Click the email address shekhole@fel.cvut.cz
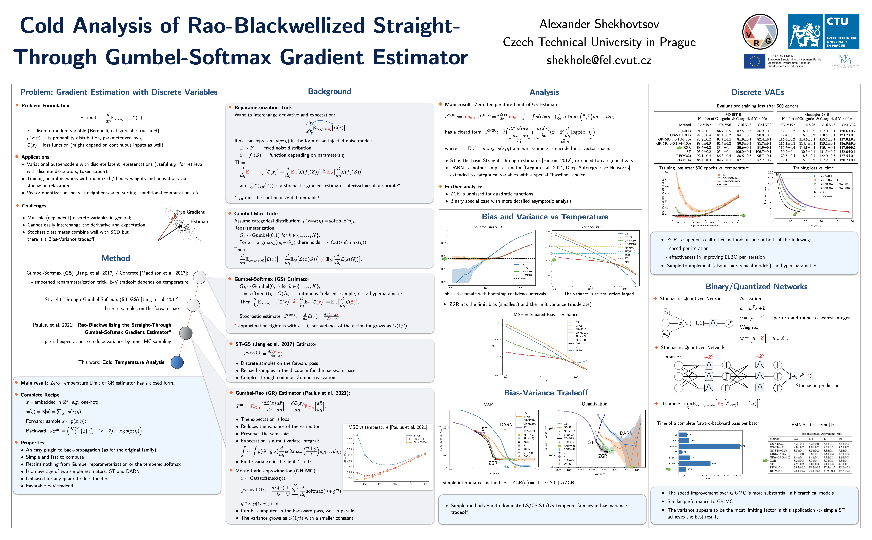pyautogui.click(x=599, y=60)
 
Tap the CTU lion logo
pyautogui.click(x=805, y=32)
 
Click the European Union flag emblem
pyautogui.click(x=754, y=61)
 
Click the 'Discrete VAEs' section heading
pyautogui.click(x=757, y=92)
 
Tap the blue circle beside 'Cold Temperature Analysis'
pyautogui.click(x=177, y=362)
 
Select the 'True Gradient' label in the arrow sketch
pyautogui.click(x=190, y=212)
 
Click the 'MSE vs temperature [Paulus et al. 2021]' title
pyautogui.click(x=387, y=427)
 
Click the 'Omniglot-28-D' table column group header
pyautogui.click(x=817, y=114)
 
